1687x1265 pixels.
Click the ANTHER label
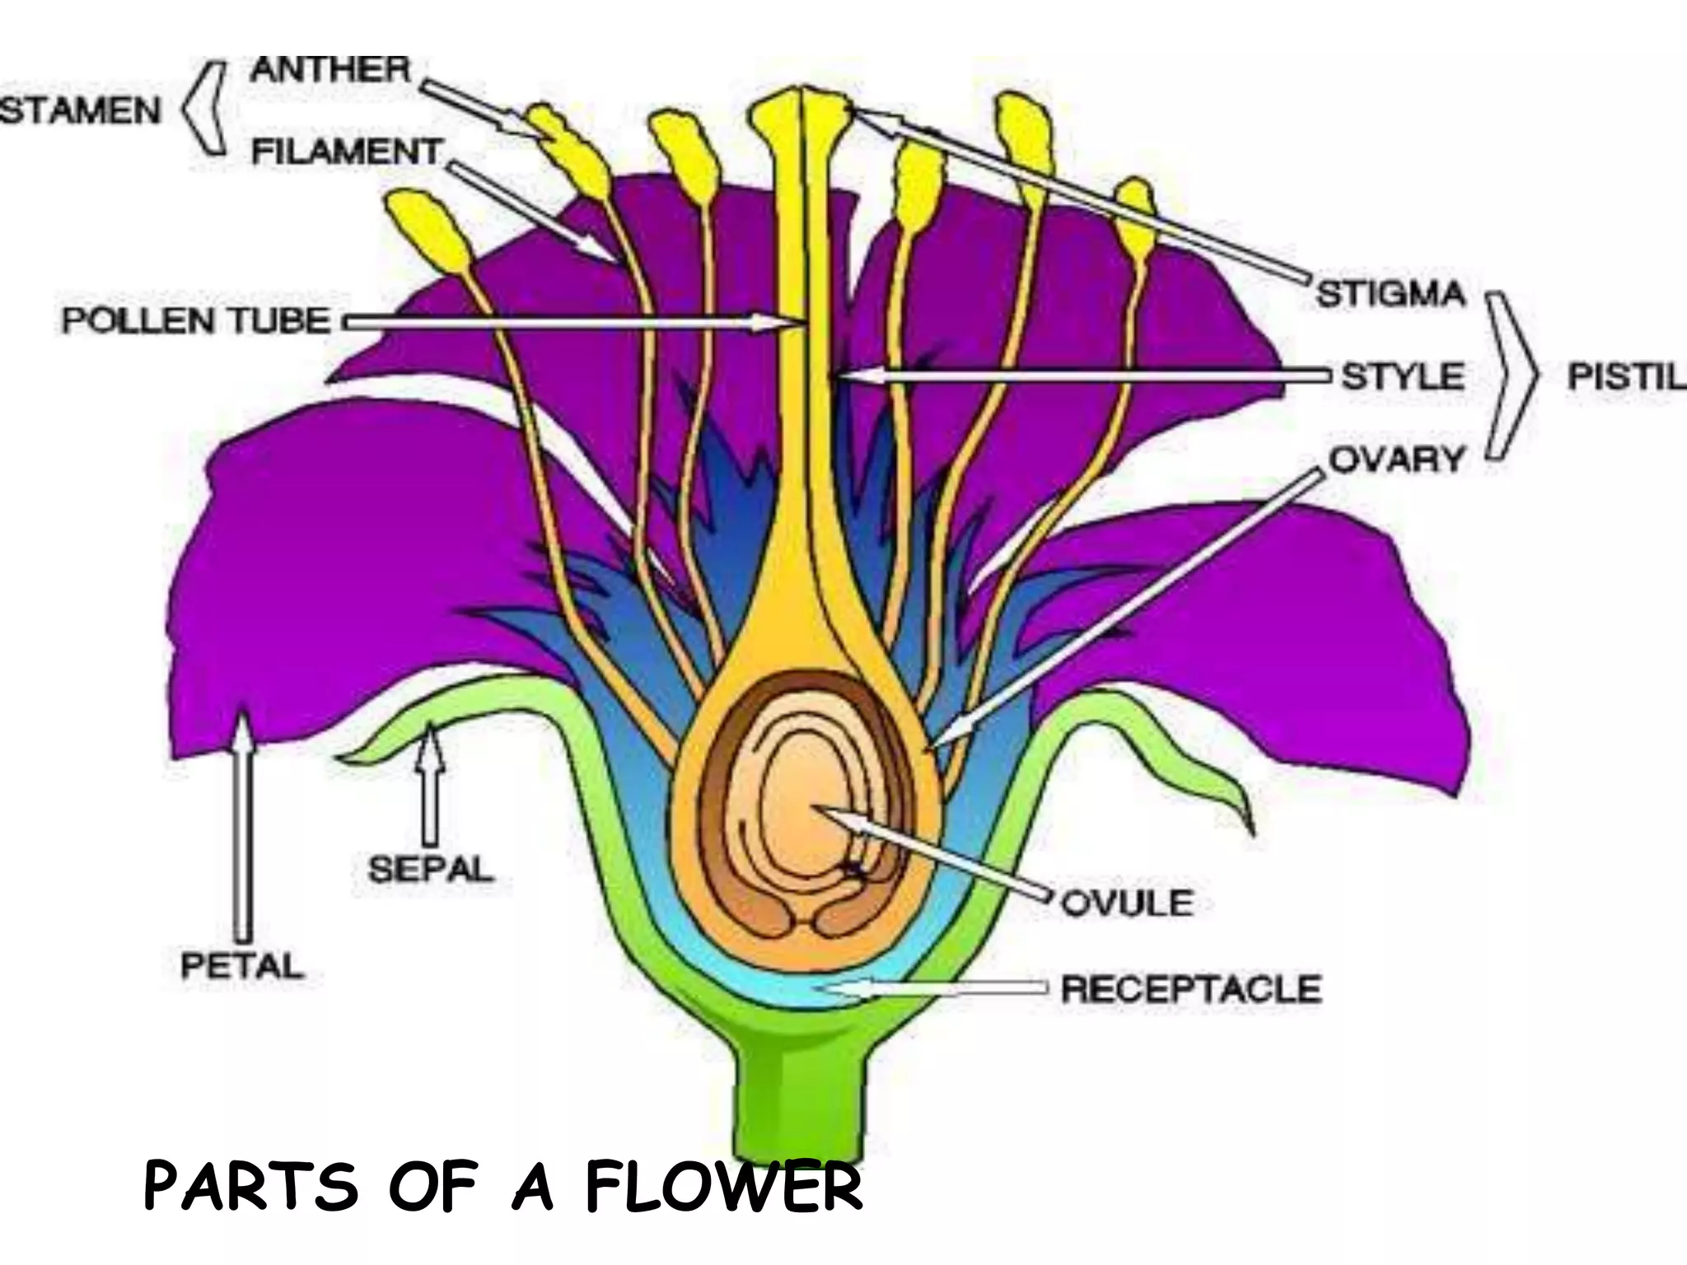click(329, 69)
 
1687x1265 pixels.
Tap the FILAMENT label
click(347, 152)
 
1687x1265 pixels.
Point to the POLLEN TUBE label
click(196, 320)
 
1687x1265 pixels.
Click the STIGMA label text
click(1391, 294)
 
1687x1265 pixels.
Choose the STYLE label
click(1403, 376)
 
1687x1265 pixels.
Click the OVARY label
click(1396, 460)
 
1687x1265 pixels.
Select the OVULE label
click(1126, 903)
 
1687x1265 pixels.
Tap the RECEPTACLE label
click(1191, 988)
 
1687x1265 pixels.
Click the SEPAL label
click(430, 869)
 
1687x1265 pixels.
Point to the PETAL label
click(241, 965)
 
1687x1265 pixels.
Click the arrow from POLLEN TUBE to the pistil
click(560, 322)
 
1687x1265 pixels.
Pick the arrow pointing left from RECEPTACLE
click(931, 988)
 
